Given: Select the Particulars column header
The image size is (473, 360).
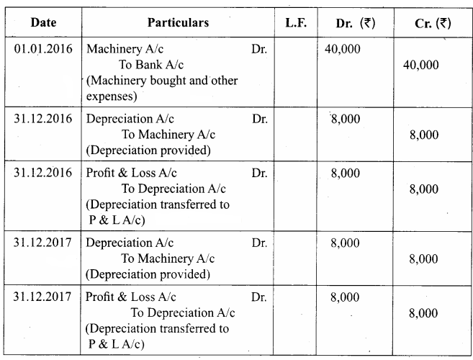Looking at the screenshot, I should click(178, 23).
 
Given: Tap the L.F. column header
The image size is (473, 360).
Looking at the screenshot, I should click(295, 23).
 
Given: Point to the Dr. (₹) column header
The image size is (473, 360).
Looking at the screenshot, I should click(354, 23).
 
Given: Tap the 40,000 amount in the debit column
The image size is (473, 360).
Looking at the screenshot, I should click(345, 51).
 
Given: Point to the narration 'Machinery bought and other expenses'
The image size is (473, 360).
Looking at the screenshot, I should click(161, 87).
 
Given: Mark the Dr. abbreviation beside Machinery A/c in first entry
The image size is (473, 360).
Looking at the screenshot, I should click(260, 51).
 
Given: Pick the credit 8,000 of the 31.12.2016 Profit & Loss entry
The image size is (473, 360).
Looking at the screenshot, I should click(423, 189).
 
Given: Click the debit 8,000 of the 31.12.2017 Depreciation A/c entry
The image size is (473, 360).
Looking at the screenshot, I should click(345, 243).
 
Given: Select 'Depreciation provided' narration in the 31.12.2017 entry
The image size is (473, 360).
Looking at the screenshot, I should click(148, 274).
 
